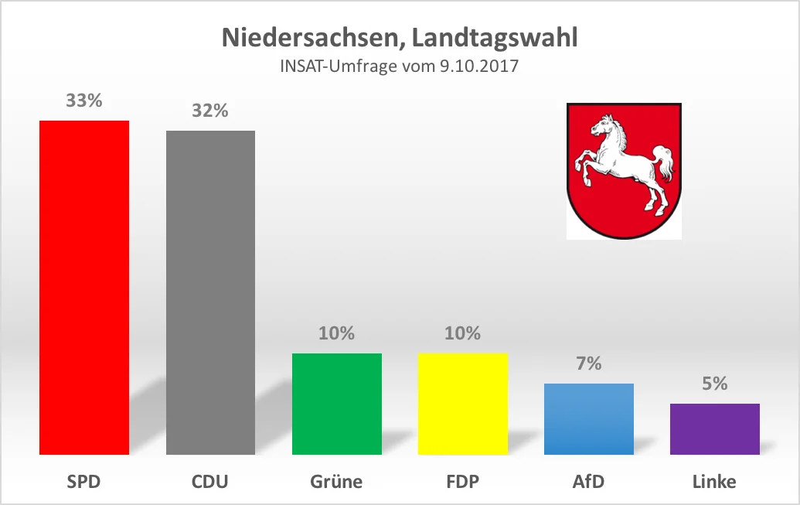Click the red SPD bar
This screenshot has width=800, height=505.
point(84,288)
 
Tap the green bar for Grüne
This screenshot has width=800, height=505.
point(337,404)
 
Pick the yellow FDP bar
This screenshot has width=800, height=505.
point(463,404)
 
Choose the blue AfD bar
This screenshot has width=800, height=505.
point(589,418)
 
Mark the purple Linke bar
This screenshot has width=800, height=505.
point(715,428)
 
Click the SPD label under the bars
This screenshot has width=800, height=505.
point(83,481)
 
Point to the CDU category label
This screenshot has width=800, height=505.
point(210,481)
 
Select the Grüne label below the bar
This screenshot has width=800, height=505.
point(336,481)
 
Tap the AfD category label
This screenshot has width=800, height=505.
point(588,481)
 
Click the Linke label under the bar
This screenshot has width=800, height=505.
point(714,481)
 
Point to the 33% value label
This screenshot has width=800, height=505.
point(84,101)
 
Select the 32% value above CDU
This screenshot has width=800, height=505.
point(210,111)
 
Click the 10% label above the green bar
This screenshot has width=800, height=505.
point(337,333)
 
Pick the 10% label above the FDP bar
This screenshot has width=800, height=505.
point(463,333)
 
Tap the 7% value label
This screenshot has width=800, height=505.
point(589,363)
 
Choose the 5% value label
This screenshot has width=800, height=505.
point(715,384)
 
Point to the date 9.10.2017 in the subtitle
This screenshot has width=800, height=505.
point(478,67)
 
